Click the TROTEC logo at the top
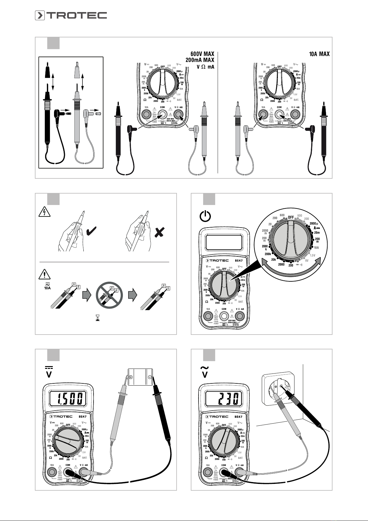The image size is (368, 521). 71,15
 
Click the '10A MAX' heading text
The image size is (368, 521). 319,54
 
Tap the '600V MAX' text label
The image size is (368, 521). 200,54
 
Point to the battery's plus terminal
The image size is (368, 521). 131,377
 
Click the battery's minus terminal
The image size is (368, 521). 149,377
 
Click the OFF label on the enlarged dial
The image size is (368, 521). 291,217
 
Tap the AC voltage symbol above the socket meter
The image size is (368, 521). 205,371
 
